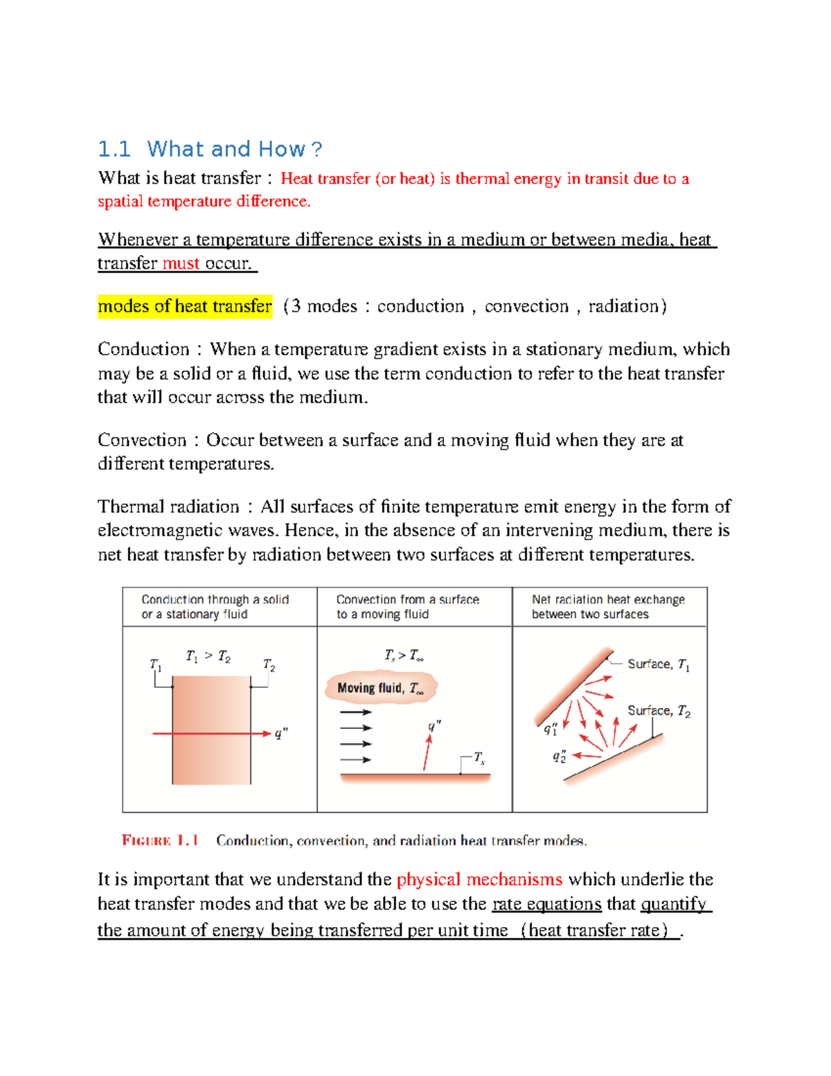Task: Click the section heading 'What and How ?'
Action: click(x=234, y=149)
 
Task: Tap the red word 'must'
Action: click(x=181, y=263)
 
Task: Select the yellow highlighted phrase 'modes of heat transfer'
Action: click(x=185, y=306)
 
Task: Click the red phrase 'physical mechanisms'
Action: click(x=479, y=879)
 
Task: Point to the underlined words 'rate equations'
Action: click(x=546, y=903)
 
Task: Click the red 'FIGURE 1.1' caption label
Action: click(x=160, y=840)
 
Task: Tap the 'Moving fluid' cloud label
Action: click(x=380, y=688)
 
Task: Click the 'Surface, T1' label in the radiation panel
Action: click(x=658, y=664)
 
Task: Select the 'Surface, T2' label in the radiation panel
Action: click(x=659, y=711)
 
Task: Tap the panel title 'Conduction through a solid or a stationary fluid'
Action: click(x=215, y=607)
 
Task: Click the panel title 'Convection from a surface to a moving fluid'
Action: click(x=407, y=607)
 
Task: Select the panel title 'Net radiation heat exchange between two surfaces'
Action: click(x=608, y=607)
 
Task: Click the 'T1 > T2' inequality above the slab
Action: click(x=208, y=655)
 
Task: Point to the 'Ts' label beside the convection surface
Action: click(x=479, y=759)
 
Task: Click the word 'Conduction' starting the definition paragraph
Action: click(x=143, y=349)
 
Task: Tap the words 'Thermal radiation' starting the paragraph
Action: click(x=168, y=506)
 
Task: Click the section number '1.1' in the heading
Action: click(x=114, y=149)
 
